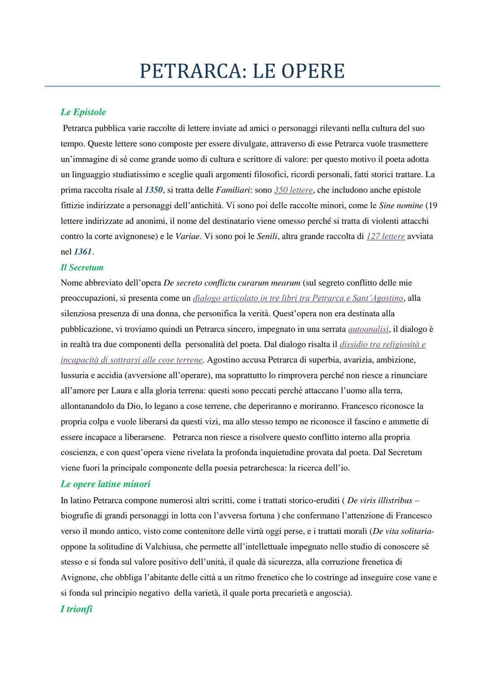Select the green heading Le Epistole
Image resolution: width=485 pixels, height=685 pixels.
[x=83, y=112]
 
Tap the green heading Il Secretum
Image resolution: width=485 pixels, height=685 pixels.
[x=82, y=267]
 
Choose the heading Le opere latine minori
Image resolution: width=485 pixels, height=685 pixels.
[x=106, y=484]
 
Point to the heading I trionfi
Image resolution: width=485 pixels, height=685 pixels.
[x=76, y=609]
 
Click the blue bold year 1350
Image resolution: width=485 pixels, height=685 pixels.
[x=154, y=190]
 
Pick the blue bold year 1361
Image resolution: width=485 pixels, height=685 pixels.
[x=83, y=252]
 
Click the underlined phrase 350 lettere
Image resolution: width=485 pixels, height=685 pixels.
[x=293, y=190]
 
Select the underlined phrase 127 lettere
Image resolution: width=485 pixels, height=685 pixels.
[x=386, y=236]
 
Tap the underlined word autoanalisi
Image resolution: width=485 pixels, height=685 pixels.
[x=368, y=329]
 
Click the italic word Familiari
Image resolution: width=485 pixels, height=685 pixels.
[x=233, y=190]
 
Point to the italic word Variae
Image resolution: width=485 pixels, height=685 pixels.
[x=187, y=236]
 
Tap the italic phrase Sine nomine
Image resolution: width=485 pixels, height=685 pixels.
[x=401, y=205]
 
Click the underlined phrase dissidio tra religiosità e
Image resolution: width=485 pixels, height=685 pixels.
[x=383, y=345]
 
